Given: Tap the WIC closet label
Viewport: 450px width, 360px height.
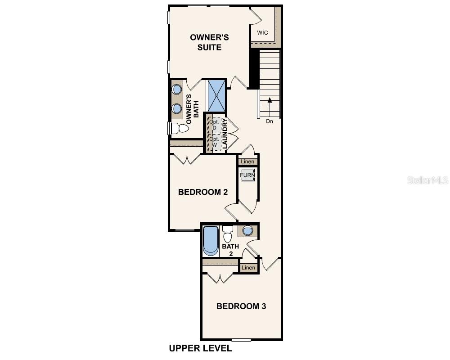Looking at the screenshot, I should (x=263, y=32).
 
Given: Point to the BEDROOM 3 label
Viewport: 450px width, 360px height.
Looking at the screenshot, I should (x=241, y=306).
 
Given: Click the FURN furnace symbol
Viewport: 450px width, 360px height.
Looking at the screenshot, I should (x=247, y=175).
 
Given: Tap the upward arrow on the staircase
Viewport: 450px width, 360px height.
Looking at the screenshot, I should (x=269, y=106).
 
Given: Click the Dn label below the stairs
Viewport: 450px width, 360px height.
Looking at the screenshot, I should (x=269, y=121).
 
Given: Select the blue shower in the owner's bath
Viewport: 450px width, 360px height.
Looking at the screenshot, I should (x=216, y=95).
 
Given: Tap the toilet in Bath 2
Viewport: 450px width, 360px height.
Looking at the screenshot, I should (x=228, y=234).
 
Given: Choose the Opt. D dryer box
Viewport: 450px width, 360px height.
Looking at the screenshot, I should (x=214, y=125).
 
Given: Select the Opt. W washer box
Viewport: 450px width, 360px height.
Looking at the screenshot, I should (x=214, y=142).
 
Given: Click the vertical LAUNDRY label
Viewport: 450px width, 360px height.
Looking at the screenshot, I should (x=225, y=134).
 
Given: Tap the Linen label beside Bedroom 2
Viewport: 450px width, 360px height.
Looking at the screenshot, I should (x=247, y=162).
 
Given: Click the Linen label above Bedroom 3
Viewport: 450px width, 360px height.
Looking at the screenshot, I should (x=248, y=268).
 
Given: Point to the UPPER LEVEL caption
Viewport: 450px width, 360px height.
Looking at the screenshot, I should (x=200, y=348).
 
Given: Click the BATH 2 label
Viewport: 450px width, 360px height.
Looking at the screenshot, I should (x=230, y=250).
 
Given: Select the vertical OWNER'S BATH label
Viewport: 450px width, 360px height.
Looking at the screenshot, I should (x=192, y=109).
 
